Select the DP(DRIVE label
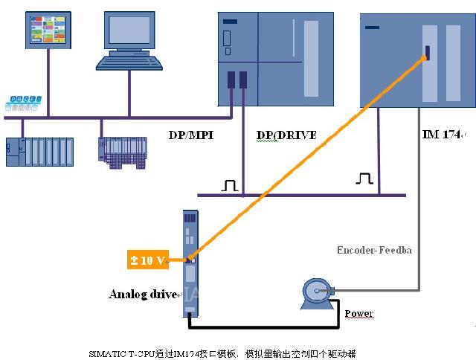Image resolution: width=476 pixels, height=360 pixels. (286, 135)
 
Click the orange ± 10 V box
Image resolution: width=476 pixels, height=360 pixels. (147, 260)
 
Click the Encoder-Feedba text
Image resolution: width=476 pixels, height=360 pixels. (374, 250)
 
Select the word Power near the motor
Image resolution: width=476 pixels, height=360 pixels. (358, 313)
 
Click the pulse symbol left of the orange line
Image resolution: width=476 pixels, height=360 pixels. (230, 184)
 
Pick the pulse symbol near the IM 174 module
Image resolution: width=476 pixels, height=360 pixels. (364, 179)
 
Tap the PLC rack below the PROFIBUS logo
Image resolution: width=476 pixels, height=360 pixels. (39, 152)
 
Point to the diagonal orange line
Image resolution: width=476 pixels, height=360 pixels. (305, 156)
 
